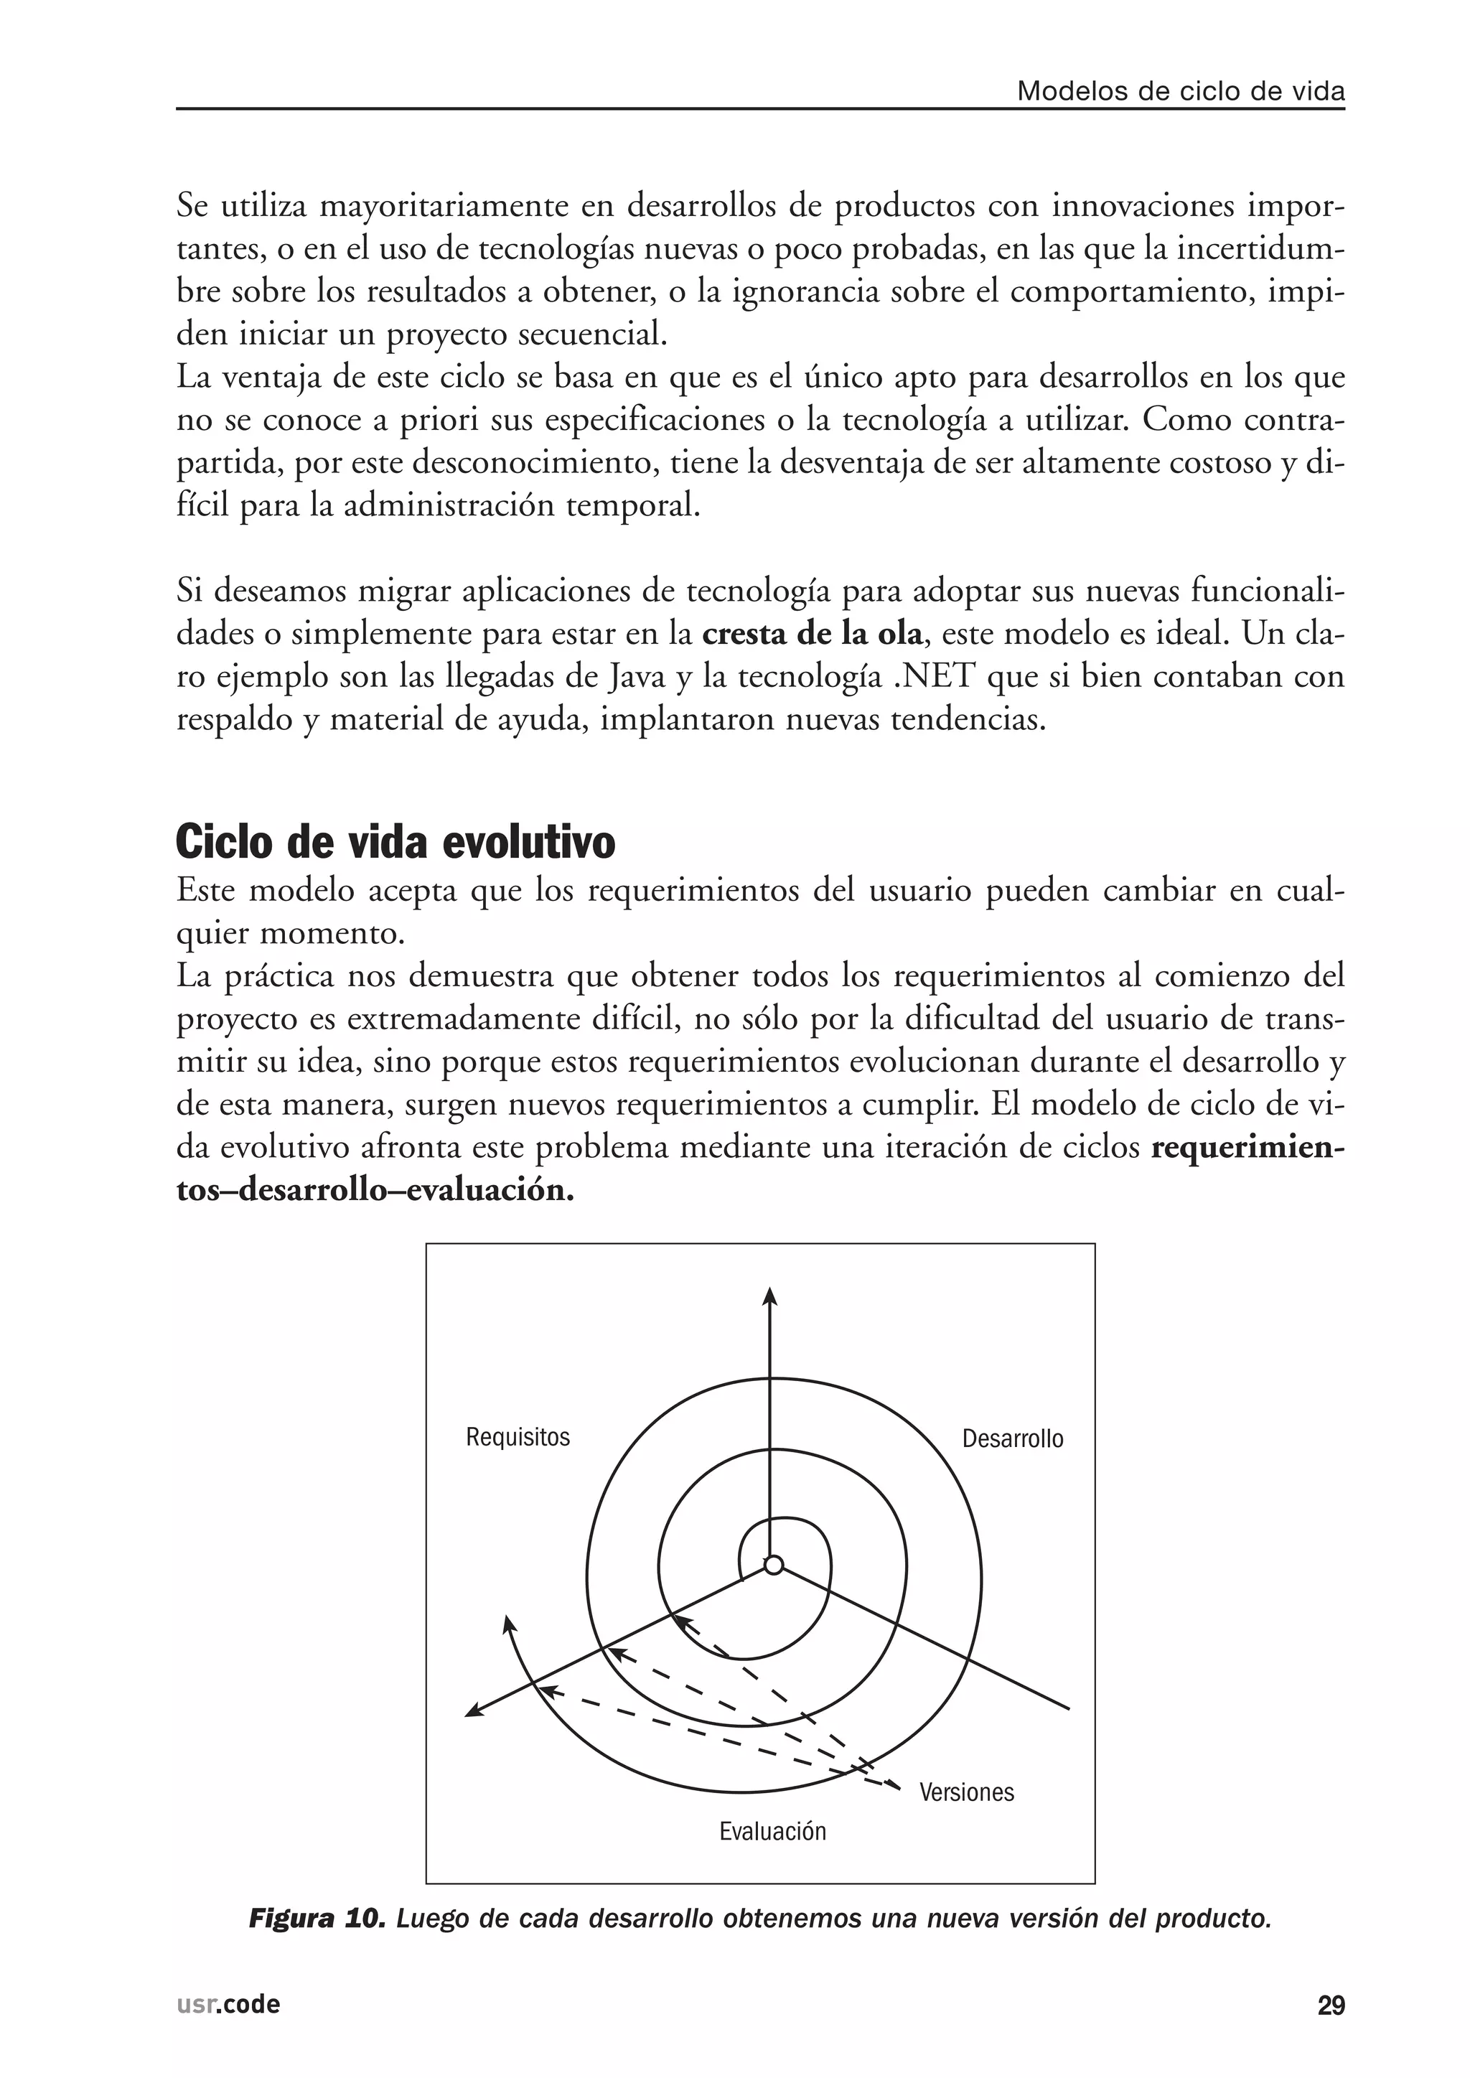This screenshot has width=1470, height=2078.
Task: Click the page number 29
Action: (1331, 2006)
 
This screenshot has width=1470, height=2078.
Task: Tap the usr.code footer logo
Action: (228, 2005)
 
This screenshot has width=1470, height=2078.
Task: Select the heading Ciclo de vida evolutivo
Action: (395, 842)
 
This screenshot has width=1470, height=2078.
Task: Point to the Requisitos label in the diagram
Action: (518, 1437)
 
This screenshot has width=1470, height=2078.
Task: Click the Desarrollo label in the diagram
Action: (1012, 1439)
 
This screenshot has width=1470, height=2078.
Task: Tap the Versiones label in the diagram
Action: (967, 1792)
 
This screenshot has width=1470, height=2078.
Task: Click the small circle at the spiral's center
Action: (773, 1565)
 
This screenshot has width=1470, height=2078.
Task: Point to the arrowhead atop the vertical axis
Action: (770, 1296)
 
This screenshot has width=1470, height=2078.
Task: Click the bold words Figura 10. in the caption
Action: (317, 1919)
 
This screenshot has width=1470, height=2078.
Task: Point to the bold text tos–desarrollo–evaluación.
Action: (375, 1190)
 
